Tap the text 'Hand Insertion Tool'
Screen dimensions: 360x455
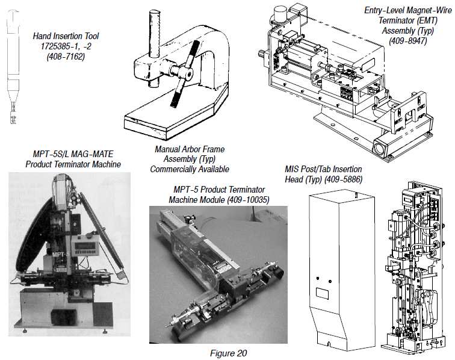(66, 37)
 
